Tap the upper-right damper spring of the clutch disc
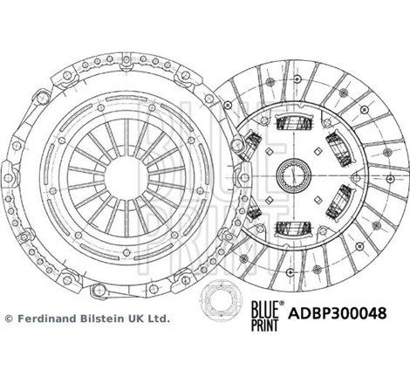336,143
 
